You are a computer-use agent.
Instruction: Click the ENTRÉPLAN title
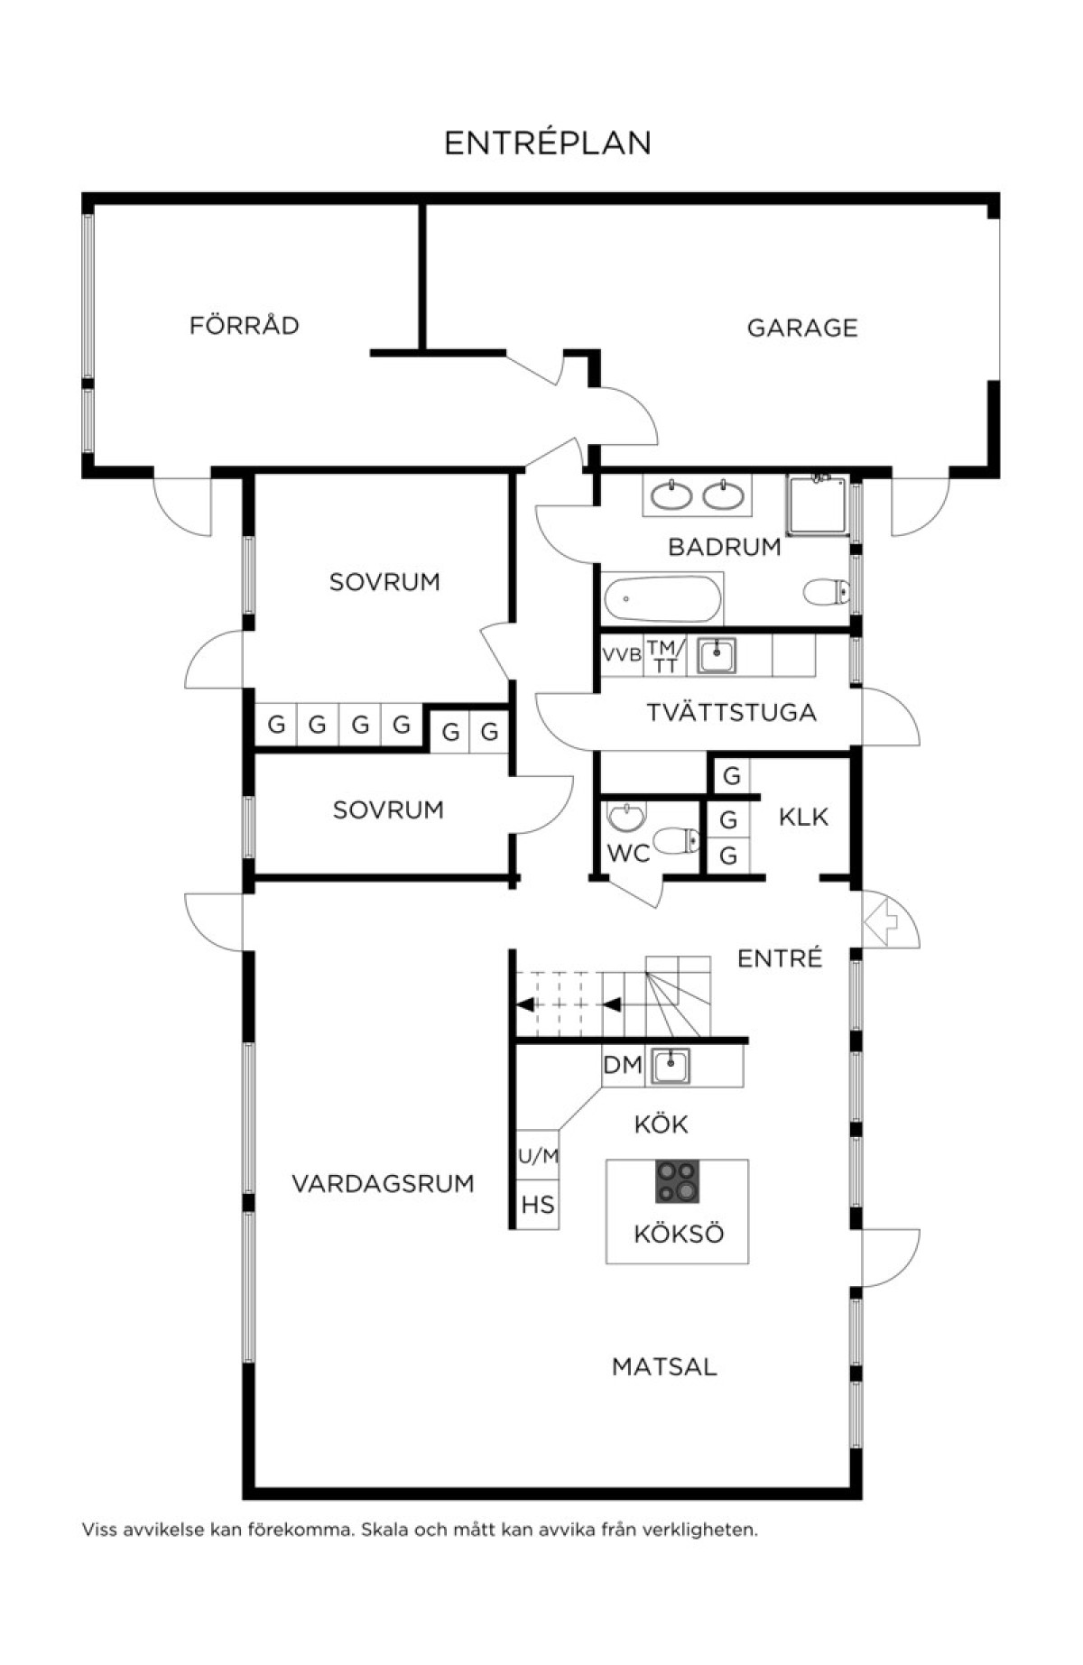pos(548,143)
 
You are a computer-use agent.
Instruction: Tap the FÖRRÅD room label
pos(244,324)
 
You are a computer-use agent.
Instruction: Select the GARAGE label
pos(802,328)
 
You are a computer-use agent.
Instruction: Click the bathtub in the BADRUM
pos(663,598)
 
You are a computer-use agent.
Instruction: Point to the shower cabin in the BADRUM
pos(817,504)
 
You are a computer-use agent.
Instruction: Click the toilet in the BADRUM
pos(826,593)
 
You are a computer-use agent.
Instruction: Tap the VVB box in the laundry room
pos(622,655)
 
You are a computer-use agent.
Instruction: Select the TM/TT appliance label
pos(665,656)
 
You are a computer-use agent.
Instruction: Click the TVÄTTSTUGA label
pos(731,713)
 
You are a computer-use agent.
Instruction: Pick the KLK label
pos(803,818)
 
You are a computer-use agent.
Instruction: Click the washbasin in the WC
pos(625,816)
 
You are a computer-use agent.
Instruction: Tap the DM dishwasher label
pos(623,1066)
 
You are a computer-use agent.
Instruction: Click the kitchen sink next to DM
pos(671,1066)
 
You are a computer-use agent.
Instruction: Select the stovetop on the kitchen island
pos(678,1181)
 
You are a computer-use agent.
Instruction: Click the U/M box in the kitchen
pos(538,1156)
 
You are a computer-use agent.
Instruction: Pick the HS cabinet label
pos(538,1205)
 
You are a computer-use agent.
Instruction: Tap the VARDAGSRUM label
pos(383,1183)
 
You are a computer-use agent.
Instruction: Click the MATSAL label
pos(664,1367)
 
